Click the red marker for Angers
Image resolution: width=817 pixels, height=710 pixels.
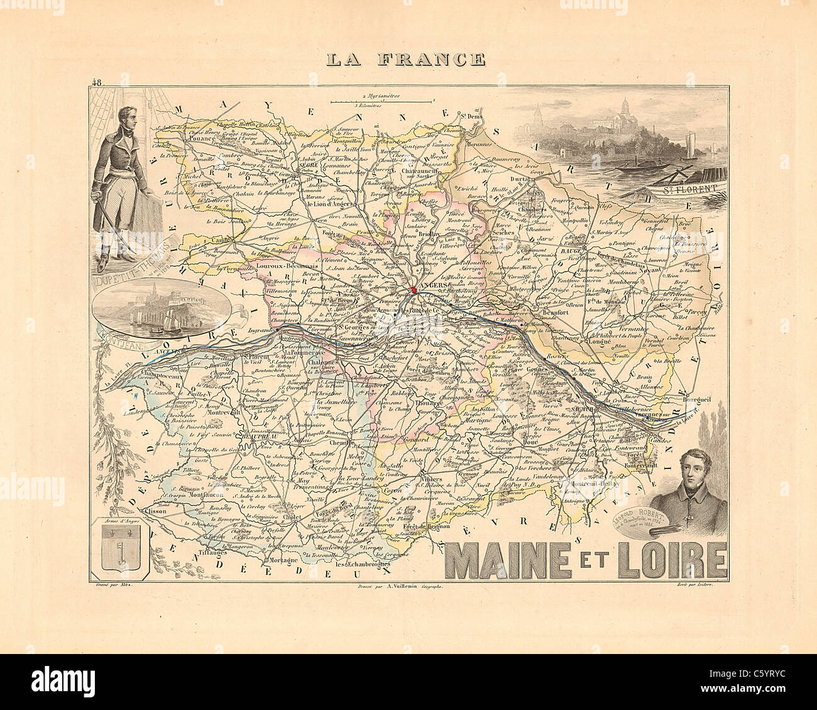tap(414, 290)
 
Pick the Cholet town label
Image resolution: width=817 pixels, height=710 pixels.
tap(303, 515)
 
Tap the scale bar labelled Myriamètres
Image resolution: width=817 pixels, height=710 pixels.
tap(382, 100)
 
